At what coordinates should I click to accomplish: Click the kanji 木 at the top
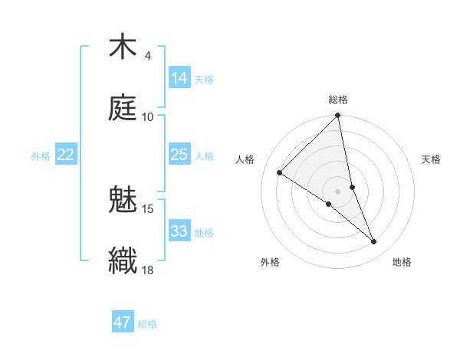(x=123, y=47)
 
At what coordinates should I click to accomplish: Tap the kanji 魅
(x=123, y=201)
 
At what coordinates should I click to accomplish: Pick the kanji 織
(x=123, y=260)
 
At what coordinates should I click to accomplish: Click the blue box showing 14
(x=179, y=78)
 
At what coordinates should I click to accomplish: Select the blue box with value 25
(x=179, y=155)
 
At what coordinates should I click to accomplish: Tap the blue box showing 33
(x=179, y=231)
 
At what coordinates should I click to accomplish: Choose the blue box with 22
(x=66, y=155)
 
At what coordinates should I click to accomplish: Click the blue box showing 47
(x=123, y=322)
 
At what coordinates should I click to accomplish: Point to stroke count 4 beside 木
(x=148, y=56)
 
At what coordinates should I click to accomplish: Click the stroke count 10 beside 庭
(x=148, y=116)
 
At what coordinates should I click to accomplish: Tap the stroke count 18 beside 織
(x=148, y=270)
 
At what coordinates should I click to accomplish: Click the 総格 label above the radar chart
(x=338, y=100)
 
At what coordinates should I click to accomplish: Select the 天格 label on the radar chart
(x=432, y=159)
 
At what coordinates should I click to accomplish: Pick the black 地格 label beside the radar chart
(x=402, y=262)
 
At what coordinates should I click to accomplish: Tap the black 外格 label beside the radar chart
(x=270, y=262)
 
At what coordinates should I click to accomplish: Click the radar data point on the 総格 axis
(x=338, y=116)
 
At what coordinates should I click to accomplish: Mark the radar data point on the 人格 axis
(x=280, y=172)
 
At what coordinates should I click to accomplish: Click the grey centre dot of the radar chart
(x=338, y=191)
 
